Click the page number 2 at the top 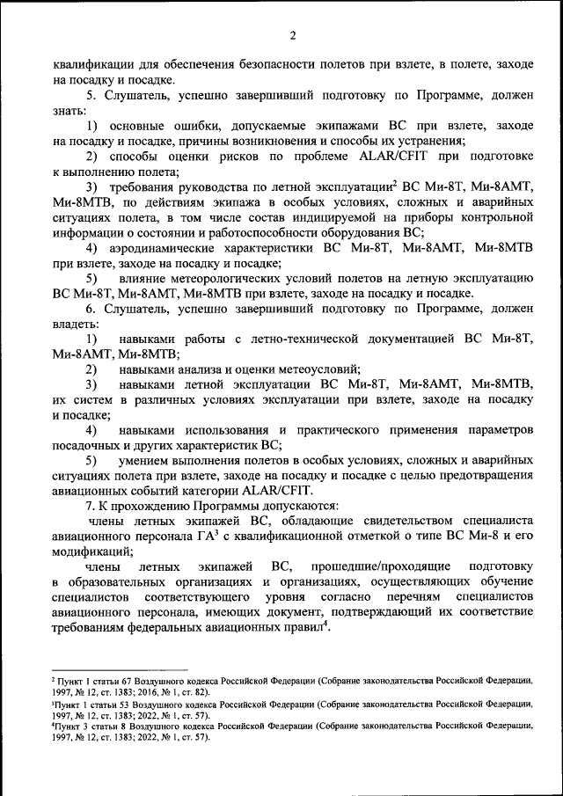(292, 35)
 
